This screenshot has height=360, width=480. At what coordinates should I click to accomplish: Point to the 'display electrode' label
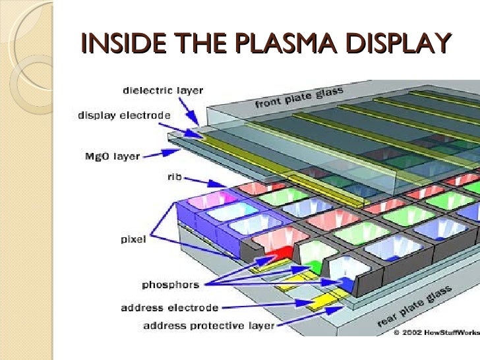coord(124,116)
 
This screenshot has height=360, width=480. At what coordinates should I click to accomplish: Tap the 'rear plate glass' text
coord(415,308)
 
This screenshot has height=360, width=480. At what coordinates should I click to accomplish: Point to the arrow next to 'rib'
coord(200,181)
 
